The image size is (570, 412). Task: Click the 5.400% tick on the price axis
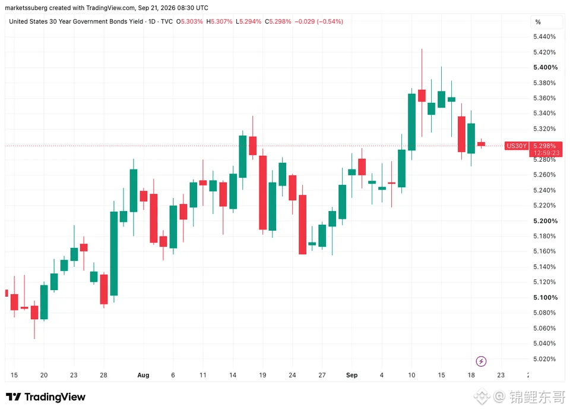[x=545, y=67]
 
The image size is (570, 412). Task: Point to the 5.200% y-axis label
[x=545, y=221]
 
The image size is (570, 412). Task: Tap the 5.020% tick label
[x=544, y=359]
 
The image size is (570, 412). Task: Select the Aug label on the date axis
[x=143, y=375]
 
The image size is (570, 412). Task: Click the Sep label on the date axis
[x=351, y=375]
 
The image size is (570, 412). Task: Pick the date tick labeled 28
[x=103, y=375]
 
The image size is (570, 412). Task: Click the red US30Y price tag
[x=517, y=146]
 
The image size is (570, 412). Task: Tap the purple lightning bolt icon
[x=481, y=361]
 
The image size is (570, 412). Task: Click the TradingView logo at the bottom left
[x=46, y=397]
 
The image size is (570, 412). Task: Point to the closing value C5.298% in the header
[x=278, y=21]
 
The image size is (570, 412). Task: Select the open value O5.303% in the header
[x=189, y=21]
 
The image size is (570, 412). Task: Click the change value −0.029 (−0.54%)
[x=319, y=21]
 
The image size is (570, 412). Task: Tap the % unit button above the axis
[x=538, y=22]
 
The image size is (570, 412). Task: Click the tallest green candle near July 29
[x=114, y=253]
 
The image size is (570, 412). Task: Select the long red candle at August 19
[x=263, y=193]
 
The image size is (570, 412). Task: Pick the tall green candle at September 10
[x=411, y=122]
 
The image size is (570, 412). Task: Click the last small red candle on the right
[x=482, y=144]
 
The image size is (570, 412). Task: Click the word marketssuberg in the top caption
[x=26, y=8]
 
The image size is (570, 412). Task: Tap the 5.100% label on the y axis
[x=545, y=297]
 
